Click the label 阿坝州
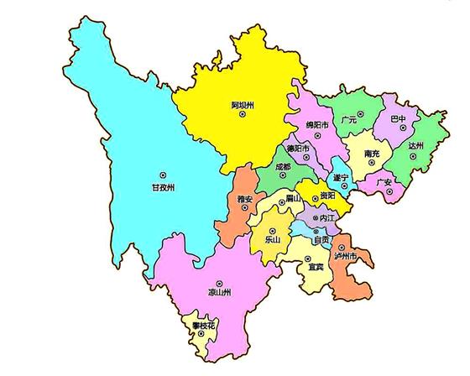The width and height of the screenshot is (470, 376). pyautogui.click(x=243, y=106)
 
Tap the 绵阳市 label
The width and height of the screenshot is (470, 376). pyautogui.click(x=316, y=126)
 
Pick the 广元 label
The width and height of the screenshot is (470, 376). pyautogui.click(x=350, y=120)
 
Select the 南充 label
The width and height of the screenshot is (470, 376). pyautogui.click(x=373, y=154)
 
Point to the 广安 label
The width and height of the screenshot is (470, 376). pyautogui.click(x=384, y=181)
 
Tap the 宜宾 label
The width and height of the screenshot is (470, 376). pyautogui.click(x=316, y=267)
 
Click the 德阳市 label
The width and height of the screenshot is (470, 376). pyautogui.click(x=298, y=149)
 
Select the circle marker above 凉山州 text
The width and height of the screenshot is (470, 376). pyautogui.click(x=220, y=283)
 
